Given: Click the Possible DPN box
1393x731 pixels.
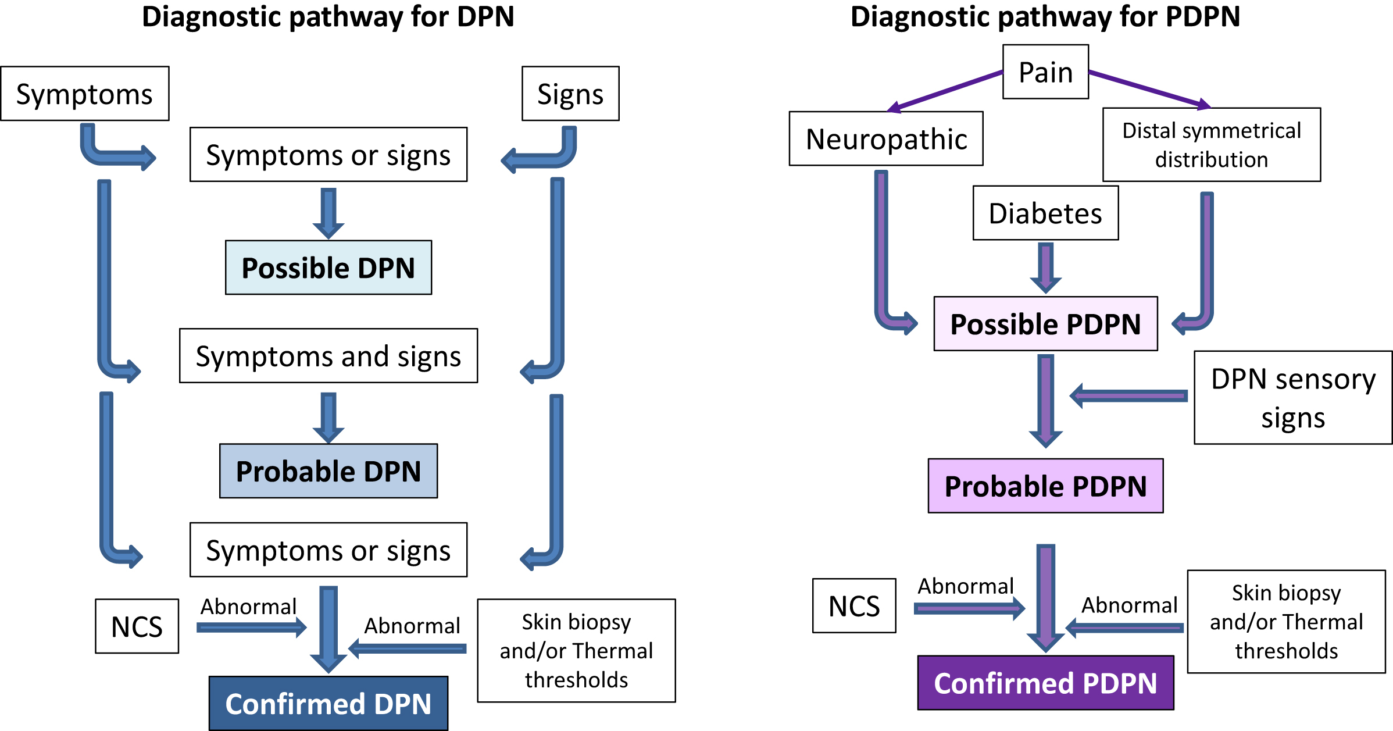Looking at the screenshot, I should (328, 268).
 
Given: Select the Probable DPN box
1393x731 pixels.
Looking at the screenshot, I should (328, 471).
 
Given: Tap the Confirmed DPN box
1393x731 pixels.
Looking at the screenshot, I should (328, 704).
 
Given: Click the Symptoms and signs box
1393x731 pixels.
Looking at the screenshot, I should (328, 356).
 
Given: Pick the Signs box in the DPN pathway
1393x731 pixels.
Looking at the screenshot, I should (570, 94).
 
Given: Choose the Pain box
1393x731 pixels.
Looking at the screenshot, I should (1045, 72).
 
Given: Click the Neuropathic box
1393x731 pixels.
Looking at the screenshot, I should (886, 139).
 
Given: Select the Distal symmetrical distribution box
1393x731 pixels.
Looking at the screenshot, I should (1212, 145).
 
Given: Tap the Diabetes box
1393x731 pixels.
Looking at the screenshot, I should (1045, 213).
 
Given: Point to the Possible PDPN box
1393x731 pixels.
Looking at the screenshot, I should (1045, 324).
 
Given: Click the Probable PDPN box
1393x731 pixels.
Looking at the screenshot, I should (1045, 486).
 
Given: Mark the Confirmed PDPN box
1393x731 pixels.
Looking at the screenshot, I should (1045, 683).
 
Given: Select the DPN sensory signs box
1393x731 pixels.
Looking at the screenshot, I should (1293, 398).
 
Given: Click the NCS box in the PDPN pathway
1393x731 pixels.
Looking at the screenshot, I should (854, 606).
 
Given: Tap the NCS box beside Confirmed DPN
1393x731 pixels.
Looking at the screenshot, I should (137, 626).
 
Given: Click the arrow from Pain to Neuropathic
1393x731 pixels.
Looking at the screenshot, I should (946, 90).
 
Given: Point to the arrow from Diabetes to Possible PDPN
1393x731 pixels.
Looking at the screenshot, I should (1045, 268).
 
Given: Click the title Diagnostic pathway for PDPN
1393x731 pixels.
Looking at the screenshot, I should (1045, 16).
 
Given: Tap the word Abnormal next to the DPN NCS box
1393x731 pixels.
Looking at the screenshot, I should (249, 607).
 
